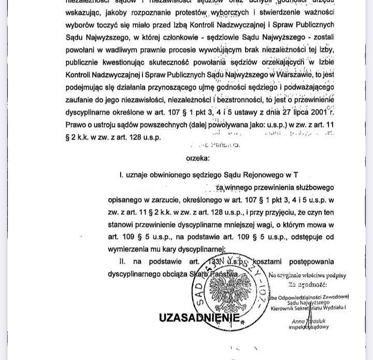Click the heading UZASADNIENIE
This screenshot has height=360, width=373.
[199, 317]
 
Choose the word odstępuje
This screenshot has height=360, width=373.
[321, 236]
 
